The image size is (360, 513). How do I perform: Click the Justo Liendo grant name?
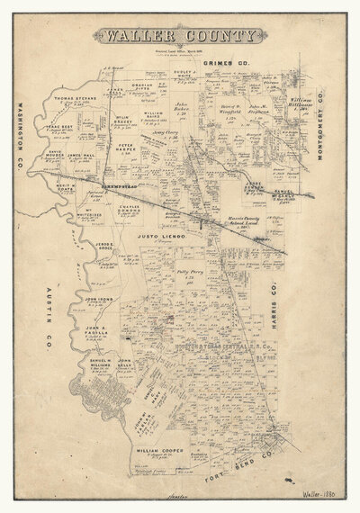(161, 236)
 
